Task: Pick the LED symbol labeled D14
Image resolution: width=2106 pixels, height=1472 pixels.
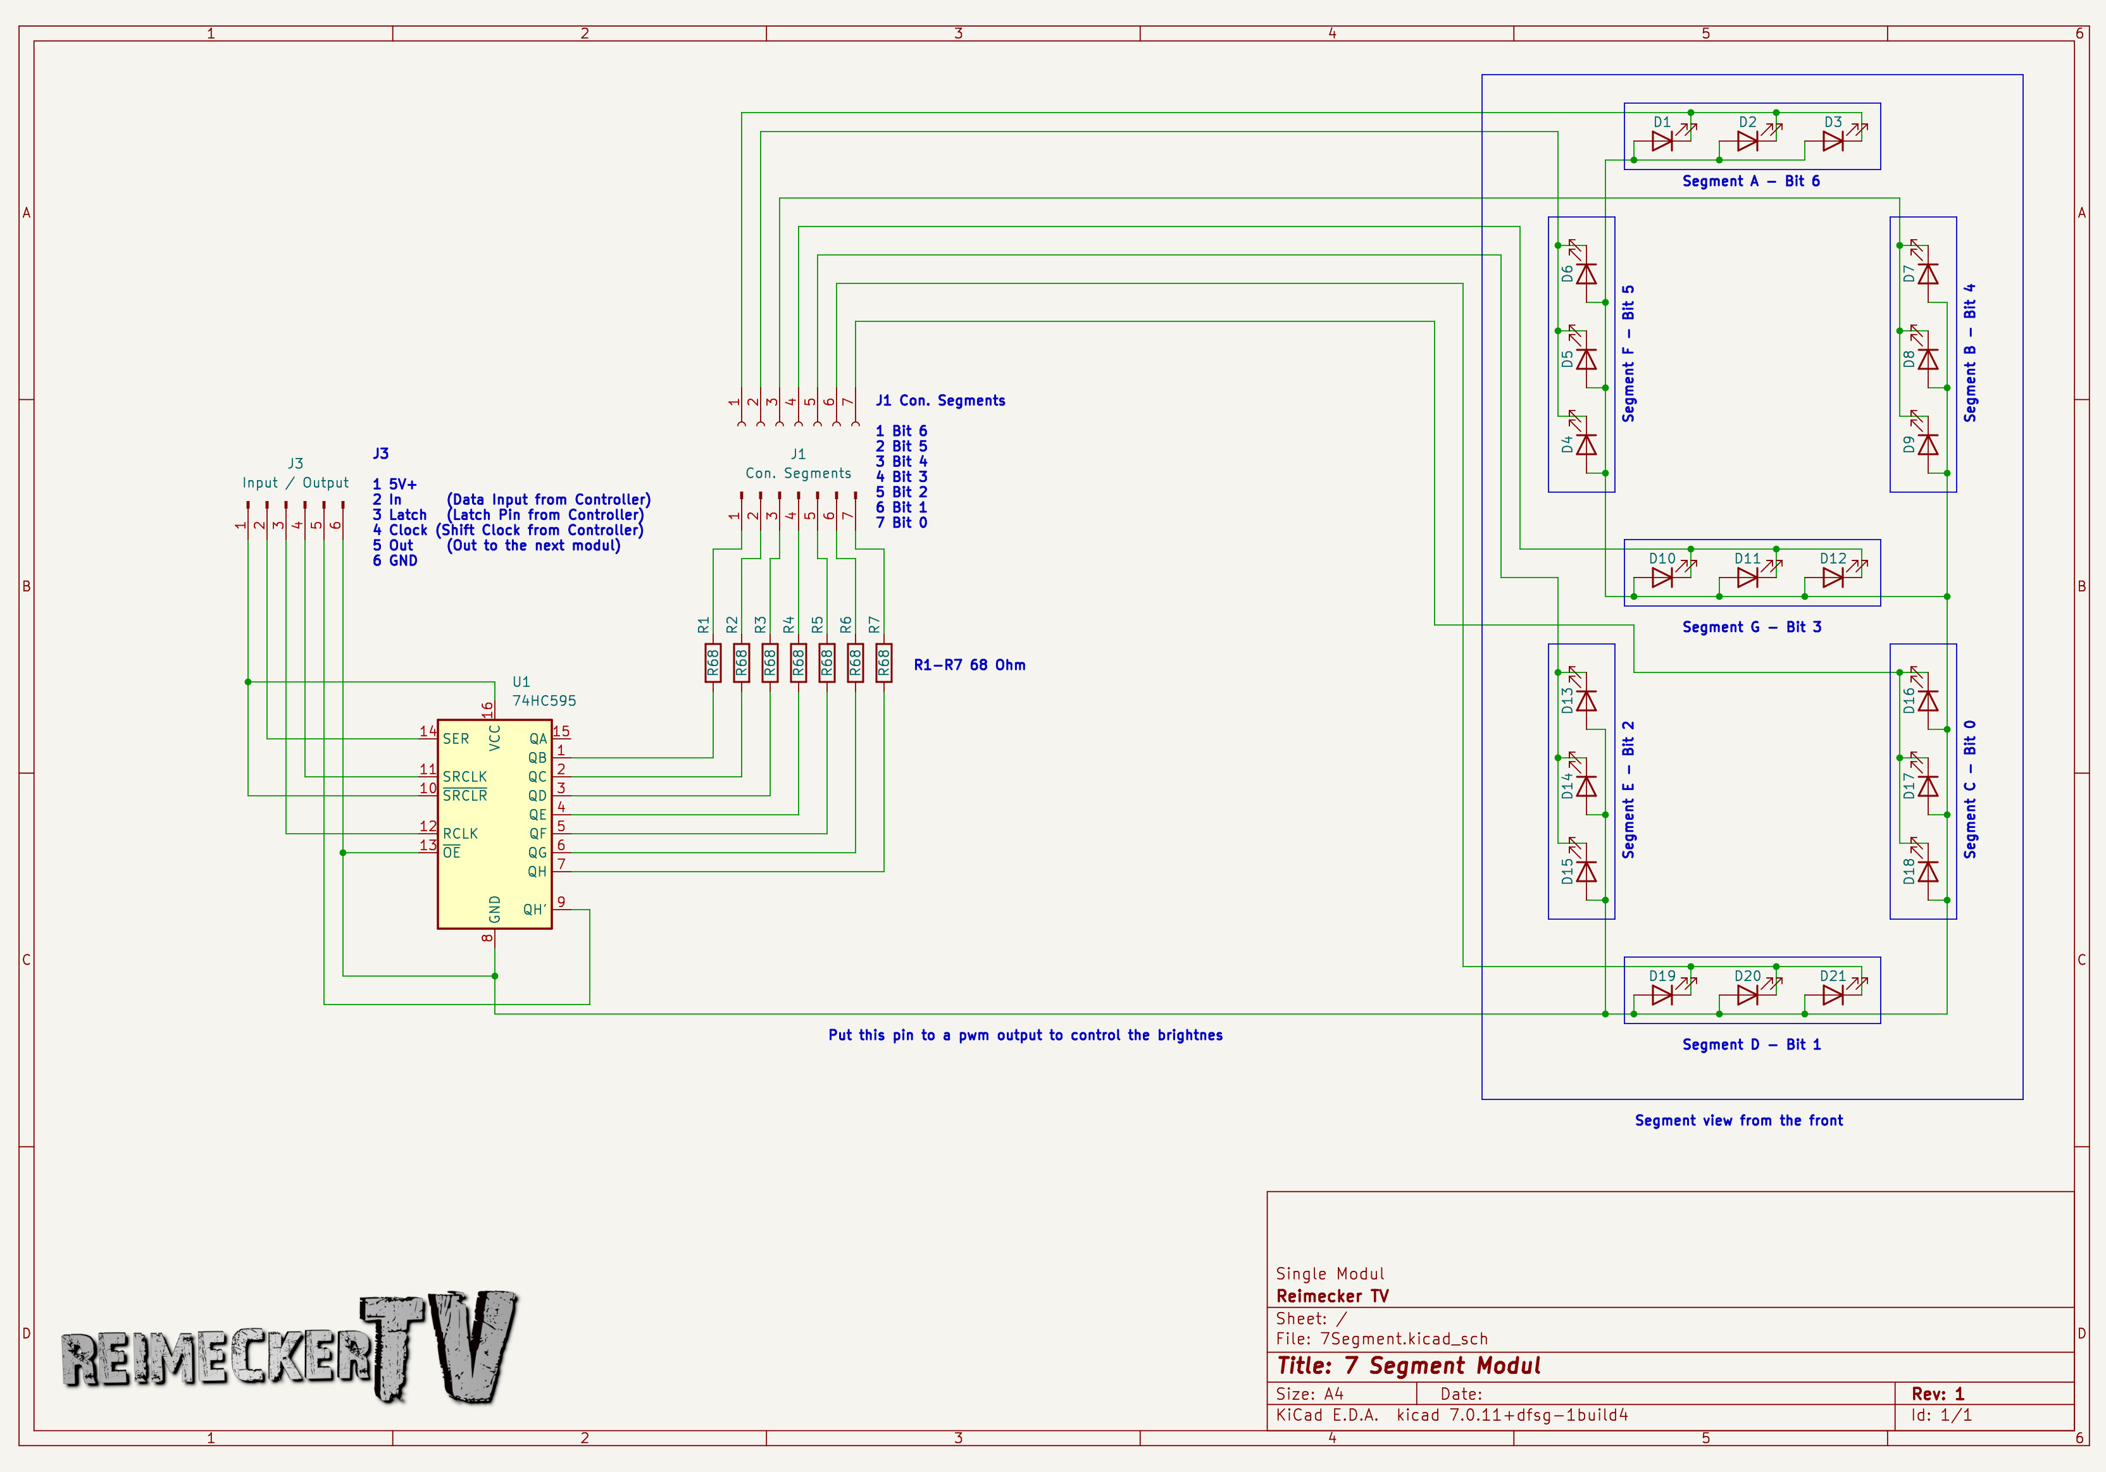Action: (1586, 786)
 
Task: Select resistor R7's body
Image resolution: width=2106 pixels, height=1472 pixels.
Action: (883, 663)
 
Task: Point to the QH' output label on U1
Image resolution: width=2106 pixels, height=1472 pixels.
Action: (535, 910)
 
